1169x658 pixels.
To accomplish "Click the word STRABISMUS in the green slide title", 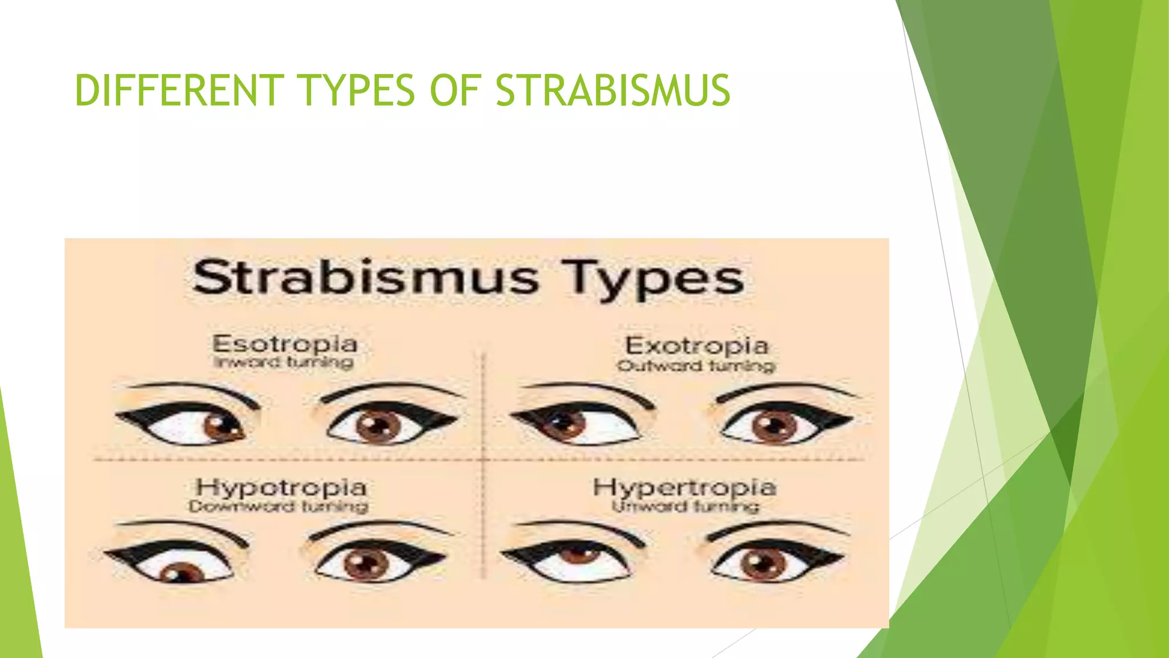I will [x=612, y=90].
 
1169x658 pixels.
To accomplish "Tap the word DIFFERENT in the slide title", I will [x=179, y=90].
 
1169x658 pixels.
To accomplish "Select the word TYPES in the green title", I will [x=358, y=90].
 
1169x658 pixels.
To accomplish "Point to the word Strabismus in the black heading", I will [x=365, y=277].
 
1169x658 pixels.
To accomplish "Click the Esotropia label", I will [x=285, y=344].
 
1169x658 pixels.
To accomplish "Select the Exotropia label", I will [x=697, y=346].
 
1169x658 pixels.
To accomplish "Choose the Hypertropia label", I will [x=684, y=488].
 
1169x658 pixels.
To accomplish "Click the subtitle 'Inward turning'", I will [x=284, y=362].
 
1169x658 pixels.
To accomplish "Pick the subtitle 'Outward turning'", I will [x=696, y=366].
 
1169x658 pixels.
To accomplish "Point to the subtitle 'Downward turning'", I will [x=278, y=506].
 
